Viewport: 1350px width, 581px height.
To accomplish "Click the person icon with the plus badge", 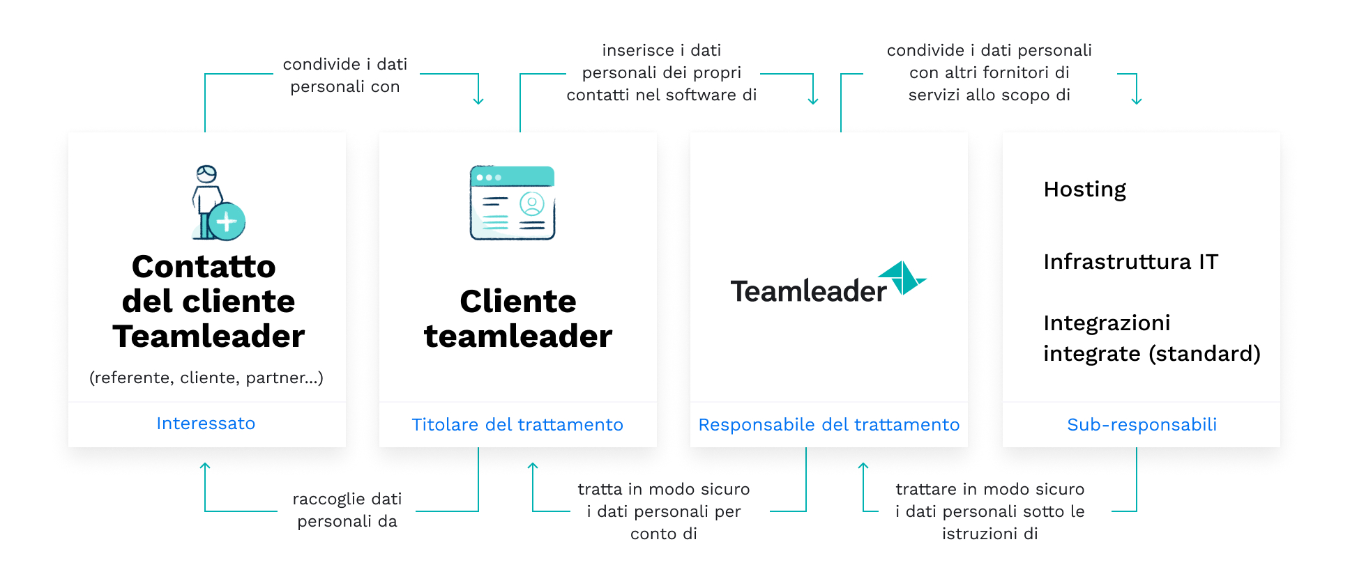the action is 218,203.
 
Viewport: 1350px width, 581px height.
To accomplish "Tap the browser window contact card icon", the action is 513,203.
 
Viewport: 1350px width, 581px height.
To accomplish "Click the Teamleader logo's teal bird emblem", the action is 902,278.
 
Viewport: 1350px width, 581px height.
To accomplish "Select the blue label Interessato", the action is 206,424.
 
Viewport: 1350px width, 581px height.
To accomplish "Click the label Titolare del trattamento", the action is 517,425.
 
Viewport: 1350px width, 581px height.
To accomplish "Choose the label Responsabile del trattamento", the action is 829,425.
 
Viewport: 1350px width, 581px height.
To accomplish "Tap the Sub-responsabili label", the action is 1142,425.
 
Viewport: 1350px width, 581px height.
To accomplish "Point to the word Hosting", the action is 1085,189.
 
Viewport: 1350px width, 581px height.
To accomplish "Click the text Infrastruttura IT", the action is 1131,262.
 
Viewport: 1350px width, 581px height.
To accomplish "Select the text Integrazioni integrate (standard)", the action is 1152,339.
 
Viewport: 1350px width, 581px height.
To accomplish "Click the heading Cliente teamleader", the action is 518,318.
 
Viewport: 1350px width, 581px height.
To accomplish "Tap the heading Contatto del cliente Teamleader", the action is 208,301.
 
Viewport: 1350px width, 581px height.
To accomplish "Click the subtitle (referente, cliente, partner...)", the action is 206,378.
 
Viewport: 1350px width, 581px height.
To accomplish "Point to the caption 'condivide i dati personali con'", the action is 345,75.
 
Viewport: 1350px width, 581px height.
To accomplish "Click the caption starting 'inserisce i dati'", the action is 662,72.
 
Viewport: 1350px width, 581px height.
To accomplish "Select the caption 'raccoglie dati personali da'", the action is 347,510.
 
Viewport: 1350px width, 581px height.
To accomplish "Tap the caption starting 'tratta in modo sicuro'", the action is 664,511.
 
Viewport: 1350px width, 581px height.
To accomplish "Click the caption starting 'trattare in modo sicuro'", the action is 990,511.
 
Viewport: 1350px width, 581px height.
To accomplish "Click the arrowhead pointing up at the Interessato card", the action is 205,466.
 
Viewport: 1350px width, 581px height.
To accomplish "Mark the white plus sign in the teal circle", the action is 226,222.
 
